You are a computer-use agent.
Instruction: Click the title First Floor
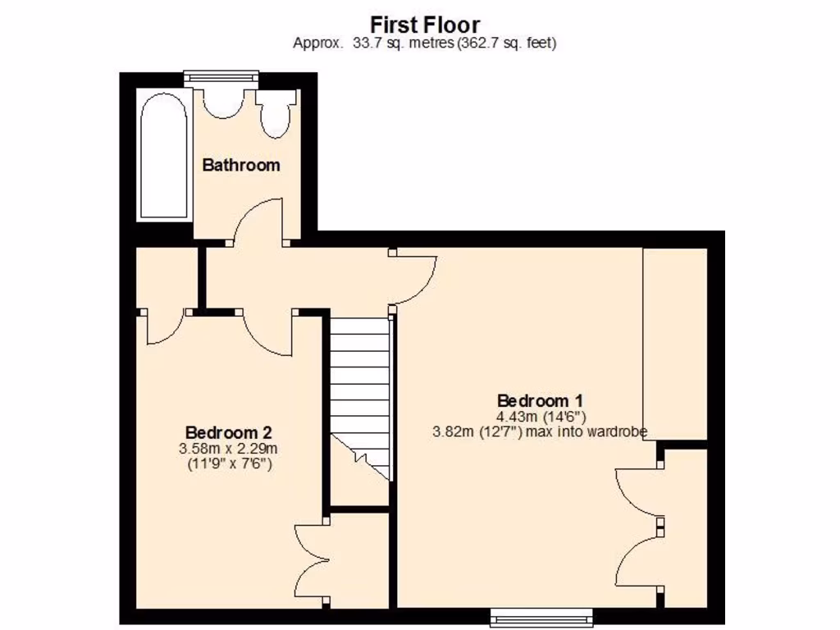tap(425, 25)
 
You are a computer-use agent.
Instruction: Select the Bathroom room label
tap(241, 165)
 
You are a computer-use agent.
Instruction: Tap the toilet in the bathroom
tap(274, 114)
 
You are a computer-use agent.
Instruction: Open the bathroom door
tap(258, 221)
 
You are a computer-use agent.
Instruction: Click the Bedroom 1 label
tap(540, 400)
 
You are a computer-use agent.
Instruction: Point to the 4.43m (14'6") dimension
tap(540, 416)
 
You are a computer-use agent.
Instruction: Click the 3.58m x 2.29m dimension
tap(228, 449)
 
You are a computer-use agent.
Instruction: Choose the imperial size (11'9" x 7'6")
tap(228, 464)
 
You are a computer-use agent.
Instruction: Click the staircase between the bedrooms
tap(358, 394)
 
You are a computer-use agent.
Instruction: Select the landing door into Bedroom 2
tap(267, 332)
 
